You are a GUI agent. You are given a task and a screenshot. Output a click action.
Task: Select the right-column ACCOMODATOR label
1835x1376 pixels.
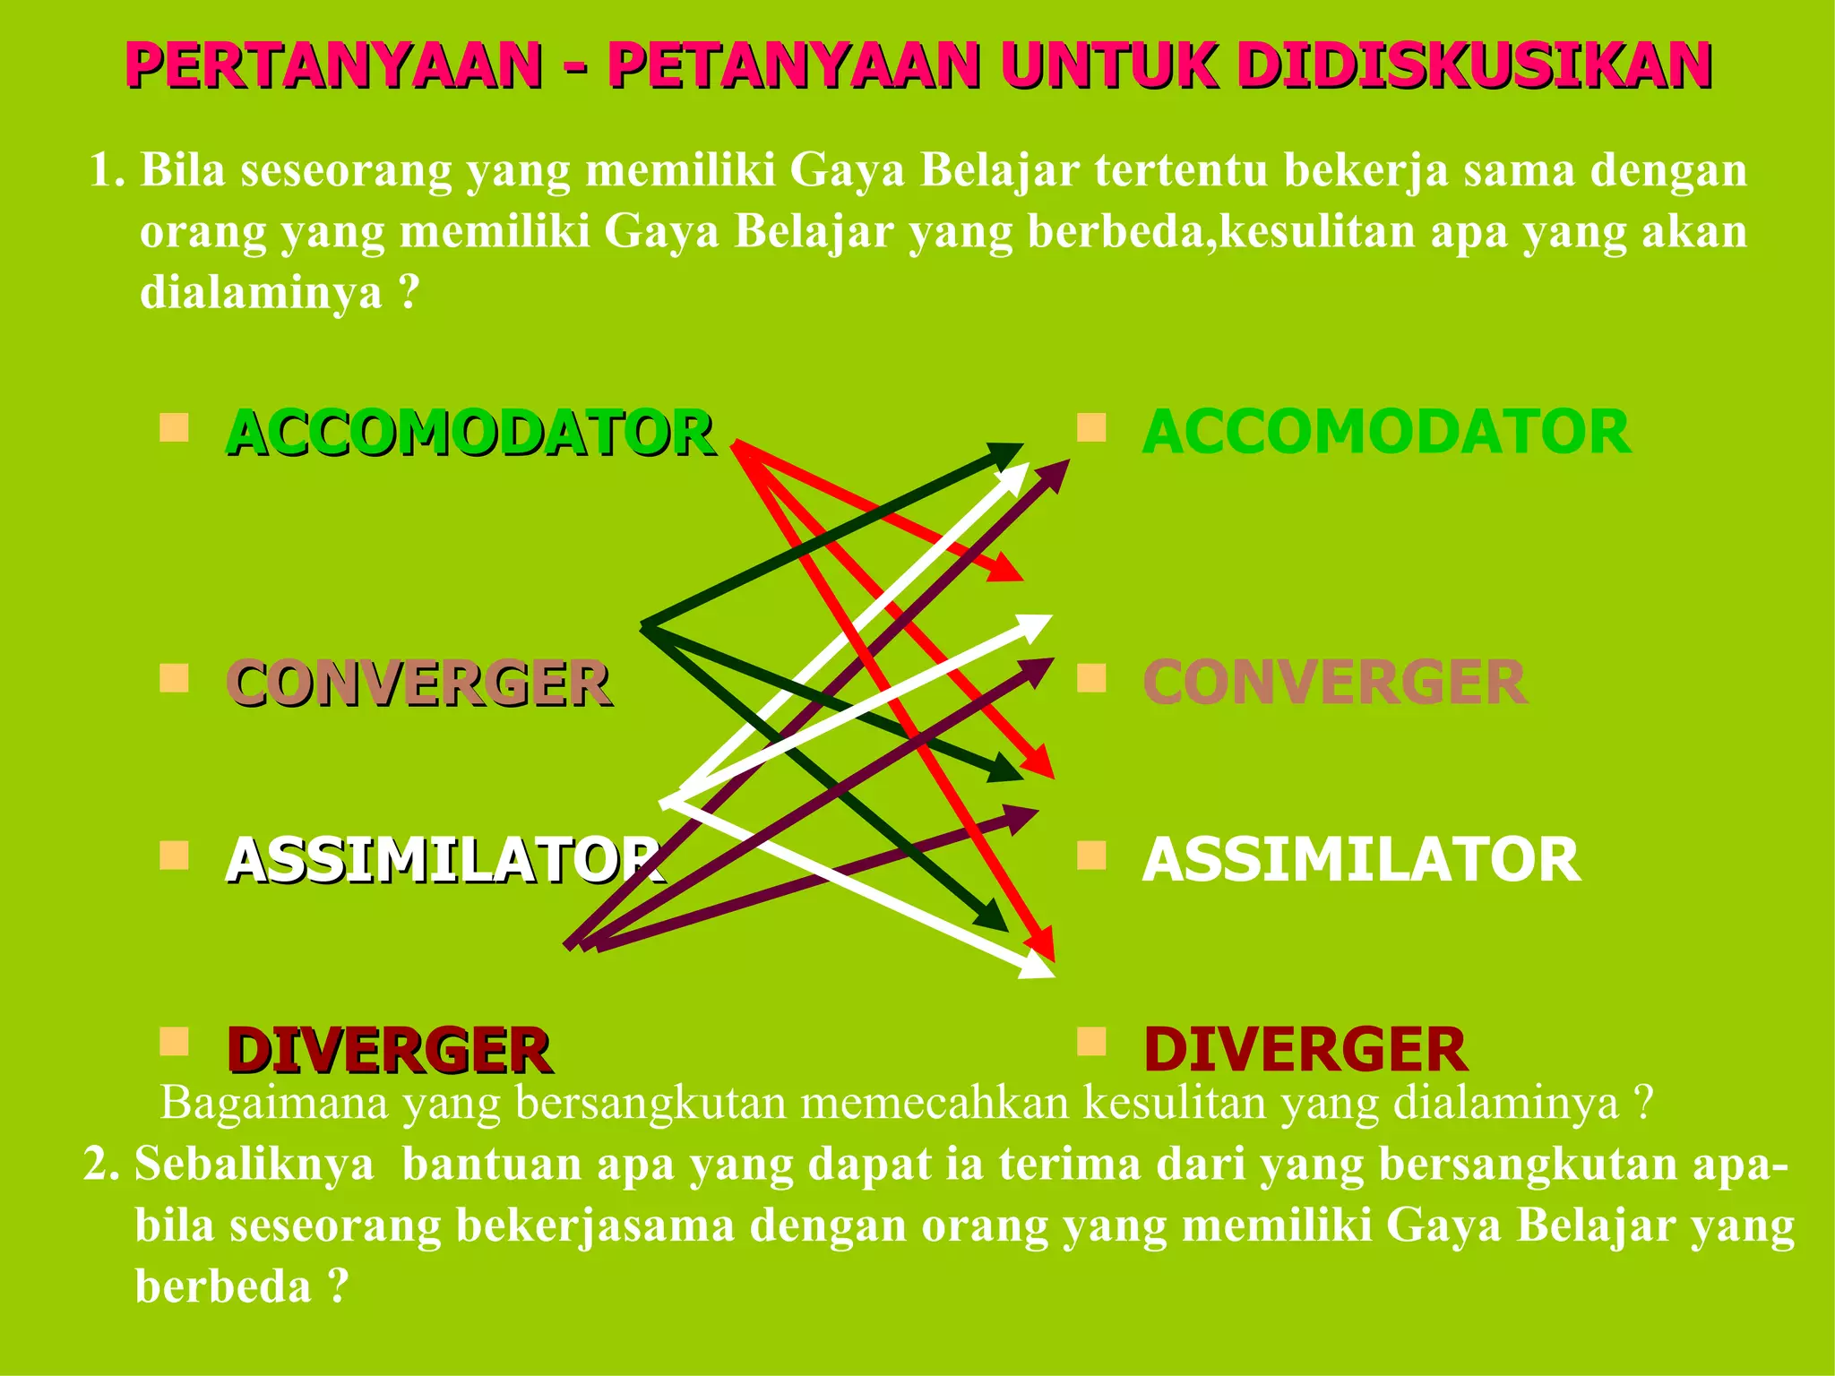click(x=1385, y=433)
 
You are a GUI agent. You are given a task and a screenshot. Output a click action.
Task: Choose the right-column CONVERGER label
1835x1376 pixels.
click(x=1334, y=684)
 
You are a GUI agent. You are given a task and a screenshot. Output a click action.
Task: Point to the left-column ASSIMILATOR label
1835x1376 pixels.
click(x=444, y=860)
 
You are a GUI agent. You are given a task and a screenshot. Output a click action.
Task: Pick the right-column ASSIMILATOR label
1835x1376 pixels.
click(x=1360, y=860)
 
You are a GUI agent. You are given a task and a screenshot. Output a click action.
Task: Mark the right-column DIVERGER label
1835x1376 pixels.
click(x=1305, y=1050)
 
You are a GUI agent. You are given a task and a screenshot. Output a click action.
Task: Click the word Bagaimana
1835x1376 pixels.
click(x=274, y=1104)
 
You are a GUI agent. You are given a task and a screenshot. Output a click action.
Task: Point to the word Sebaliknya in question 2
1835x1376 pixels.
click(x=254, y=1165)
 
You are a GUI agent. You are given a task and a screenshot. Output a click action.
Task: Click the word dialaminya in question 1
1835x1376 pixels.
click(x=261, y=292)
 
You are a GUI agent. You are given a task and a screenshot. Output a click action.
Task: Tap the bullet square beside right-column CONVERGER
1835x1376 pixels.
click(x=1091, y=678)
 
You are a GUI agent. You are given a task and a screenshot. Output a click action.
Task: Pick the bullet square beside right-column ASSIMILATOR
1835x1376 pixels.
click(x=1091, y=856)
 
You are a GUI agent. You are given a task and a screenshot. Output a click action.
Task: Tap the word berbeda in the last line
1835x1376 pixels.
click(x=223, y=1286)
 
